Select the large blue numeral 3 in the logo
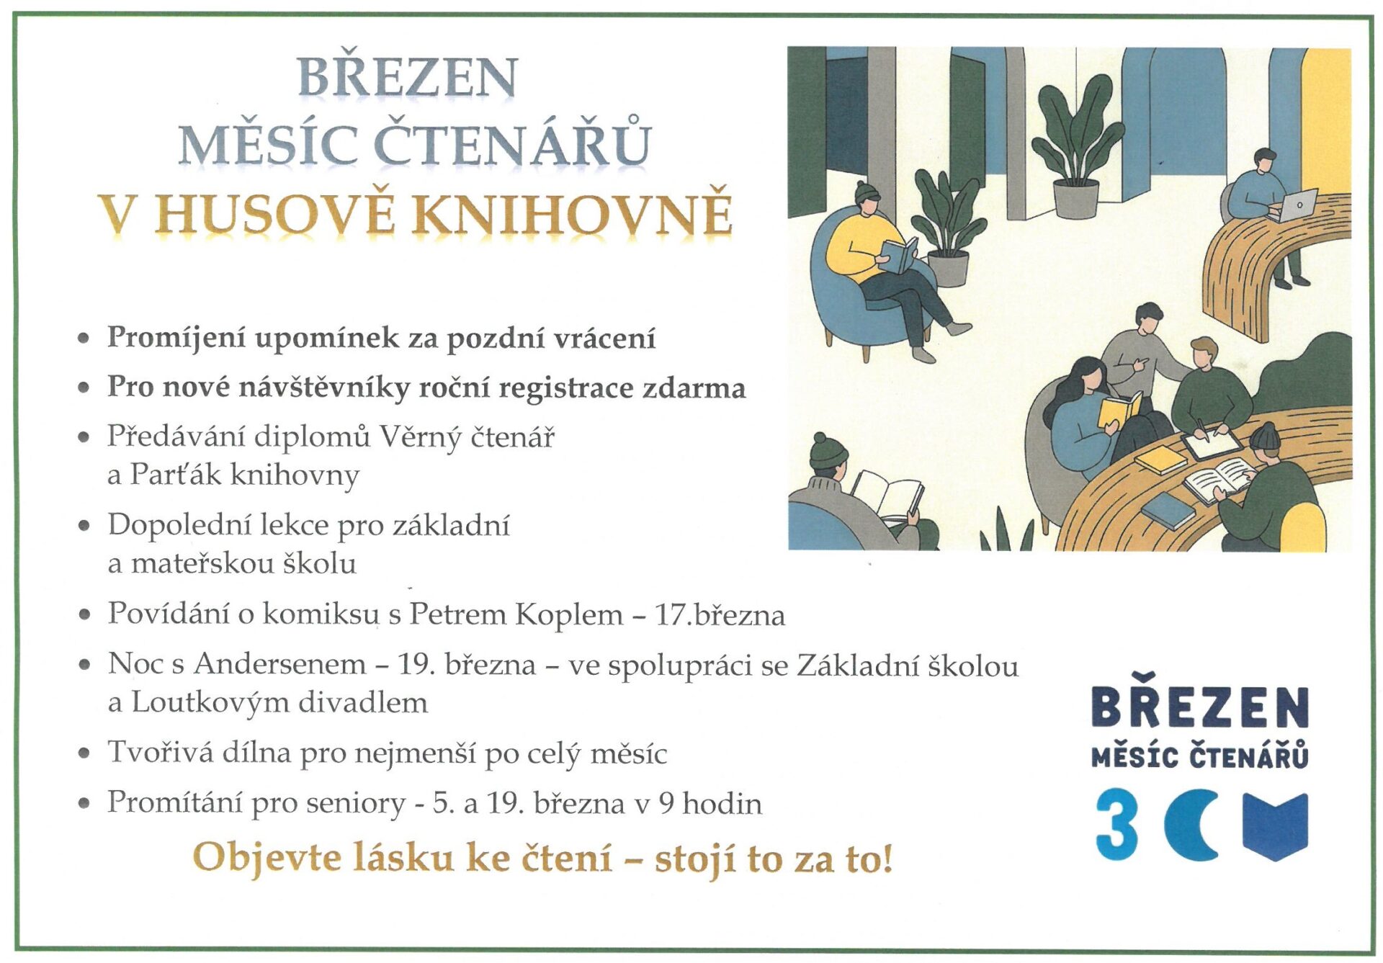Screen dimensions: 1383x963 pos(1116,824)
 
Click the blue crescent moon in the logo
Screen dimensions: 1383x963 pos(1190,825)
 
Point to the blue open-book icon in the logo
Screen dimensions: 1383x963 pos(1275,827)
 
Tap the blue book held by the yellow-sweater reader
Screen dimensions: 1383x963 pos(898,255)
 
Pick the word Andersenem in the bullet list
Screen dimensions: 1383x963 pos(279,663)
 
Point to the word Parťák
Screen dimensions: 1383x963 pos(175,475)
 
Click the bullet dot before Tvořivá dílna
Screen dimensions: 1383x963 pos(85,753)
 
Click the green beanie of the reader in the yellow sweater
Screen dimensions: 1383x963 pos(867,191)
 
